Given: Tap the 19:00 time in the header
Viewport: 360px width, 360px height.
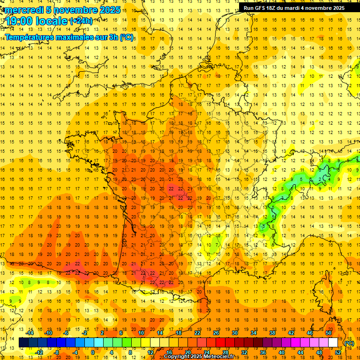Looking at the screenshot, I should (x=21, y=21).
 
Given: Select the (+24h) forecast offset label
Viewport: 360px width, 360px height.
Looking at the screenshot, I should (x=81, y=21).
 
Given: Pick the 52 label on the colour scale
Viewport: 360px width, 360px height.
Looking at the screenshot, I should (x=338, y=352).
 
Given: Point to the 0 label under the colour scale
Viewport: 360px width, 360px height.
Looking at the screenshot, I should (x=93, y=352).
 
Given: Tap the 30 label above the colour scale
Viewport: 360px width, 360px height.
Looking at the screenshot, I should (x=235, y=333).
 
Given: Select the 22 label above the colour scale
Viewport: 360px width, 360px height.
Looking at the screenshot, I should (x=197, y=333).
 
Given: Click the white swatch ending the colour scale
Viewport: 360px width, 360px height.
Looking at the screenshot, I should (x=333, y=343).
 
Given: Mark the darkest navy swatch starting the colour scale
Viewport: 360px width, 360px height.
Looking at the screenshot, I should (x=23, y=343).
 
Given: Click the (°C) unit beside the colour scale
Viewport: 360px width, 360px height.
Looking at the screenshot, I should (x=349, y=343).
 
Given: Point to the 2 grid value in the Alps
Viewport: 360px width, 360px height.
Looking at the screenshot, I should (x=320, y=179).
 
